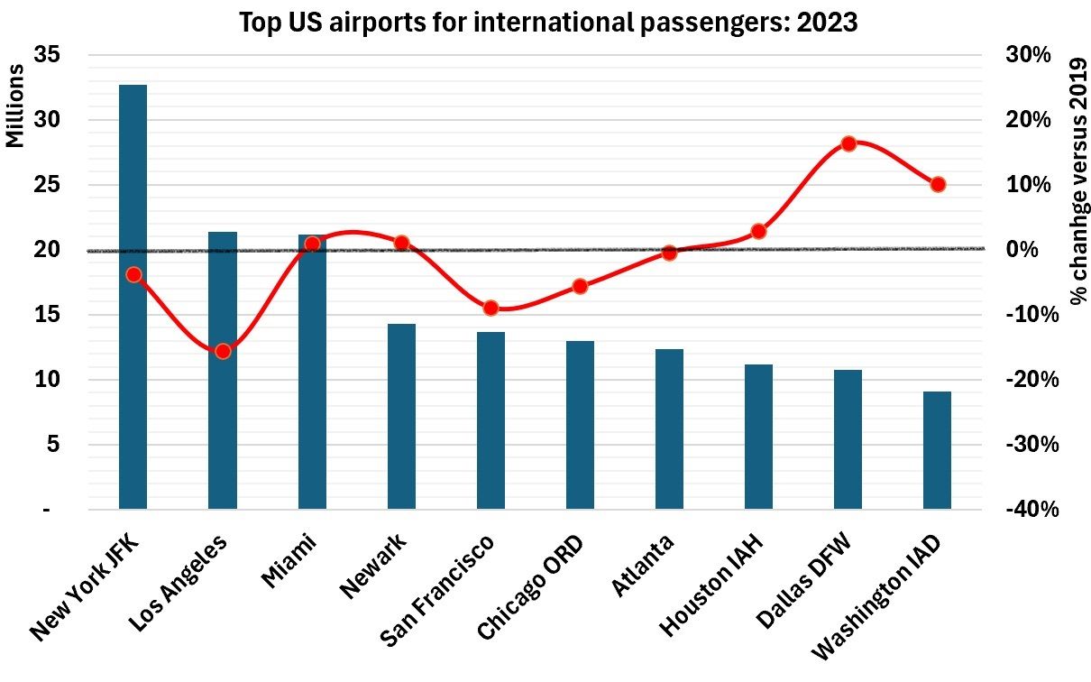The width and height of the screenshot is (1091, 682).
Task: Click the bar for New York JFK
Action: pos(133,298)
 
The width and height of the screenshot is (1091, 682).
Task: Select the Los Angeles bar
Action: pos(223,371)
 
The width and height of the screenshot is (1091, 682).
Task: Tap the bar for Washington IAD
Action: pos(938,450)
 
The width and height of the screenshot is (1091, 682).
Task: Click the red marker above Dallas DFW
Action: pos(848,143)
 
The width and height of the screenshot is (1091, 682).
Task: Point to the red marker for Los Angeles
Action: pos(223,351)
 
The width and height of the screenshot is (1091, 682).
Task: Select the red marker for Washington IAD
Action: pos(938,184)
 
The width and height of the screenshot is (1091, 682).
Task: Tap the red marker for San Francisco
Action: pos(490,308)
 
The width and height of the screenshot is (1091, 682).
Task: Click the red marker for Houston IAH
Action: pos(759,231)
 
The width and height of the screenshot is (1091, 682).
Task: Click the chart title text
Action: pos(547,23)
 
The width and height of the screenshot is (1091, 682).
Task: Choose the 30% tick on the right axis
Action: pos(1029,55)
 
